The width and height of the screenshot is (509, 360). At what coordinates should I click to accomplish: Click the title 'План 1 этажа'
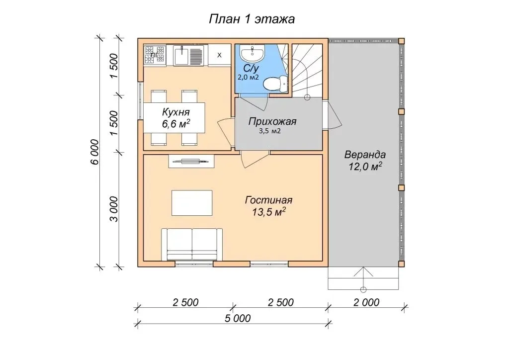252,19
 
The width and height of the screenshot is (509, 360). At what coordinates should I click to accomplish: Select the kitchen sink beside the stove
188,55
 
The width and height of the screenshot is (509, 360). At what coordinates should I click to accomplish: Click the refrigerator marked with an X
219,55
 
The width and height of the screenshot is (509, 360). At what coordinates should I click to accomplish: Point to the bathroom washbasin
253,53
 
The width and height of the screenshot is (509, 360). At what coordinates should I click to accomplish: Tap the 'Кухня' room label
175,112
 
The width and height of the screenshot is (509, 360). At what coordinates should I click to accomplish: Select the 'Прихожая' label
272,122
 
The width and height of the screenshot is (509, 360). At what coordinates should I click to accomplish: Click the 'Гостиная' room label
269,200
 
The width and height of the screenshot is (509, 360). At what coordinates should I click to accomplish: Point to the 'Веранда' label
365,155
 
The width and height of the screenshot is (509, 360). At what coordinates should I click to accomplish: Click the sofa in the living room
192,244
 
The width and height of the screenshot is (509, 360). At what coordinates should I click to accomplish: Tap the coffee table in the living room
192,203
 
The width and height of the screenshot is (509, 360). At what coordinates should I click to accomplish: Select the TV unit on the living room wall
191,161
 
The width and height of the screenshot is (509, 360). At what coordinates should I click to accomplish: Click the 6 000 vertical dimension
94,152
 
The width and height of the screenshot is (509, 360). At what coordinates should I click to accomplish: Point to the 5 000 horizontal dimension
238,318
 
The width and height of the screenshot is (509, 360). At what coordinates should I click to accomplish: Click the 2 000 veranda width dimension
366,302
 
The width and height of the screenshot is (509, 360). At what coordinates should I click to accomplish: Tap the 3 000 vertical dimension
114,209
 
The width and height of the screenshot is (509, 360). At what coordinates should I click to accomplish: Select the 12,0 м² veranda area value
365,167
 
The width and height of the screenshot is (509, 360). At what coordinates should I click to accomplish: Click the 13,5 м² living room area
269,212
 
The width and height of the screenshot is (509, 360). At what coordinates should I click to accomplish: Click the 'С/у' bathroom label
251,69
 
